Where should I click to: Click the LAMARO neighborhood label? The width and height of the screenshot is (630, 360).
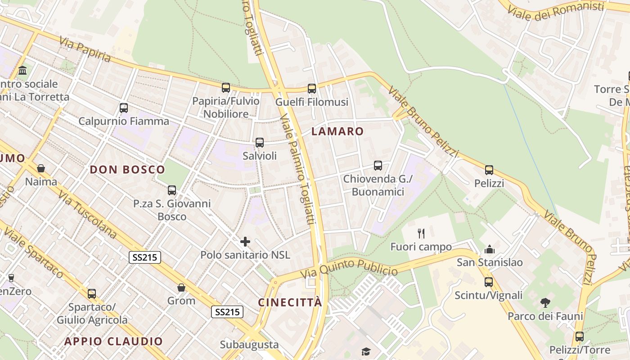point(337,131)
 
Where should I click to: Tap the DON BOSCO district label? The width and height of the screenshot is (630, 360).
point(127,170)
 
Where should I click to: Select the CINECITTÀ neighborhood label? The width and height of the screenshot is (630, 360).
point(290,302)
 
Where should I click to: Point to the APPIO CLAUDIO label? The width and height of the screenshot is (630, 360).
point(113,341)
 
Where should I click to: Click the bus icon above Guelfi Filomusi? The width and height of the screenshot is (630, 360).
point(312,89)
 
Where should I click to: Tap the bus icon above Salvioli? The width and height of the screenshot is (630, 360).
point(260,143)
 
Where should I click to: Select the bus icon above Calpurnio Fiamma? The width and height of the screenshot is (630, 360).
point(124,108)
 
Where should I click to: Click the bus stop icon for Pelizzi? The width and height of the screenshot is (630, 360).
point(489,170)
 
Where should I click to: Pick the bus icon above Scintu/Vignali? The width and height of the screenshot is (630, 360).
point(489,282)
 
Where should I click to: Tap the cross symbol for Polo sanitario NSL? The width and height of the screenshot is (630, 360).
point(245,242)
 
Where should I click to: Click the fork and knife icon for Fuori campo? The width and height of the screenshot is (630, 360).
point(421,233)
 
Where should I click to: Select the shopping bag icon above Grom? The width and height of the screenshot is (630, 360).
point(181,288)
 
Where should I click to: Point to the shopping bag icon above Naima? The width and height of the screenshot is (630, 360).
point(41,168)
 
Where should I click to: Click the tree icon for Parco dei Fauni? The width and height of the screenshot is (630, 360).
point(545,302)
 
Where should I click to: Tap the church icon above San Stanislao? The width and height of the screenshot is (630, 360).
point(490,249)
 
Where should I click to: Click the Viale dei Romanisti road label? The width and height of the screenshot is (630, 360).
point(555,11)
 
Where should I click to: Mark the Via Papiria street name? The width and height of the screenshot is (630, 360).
point(85,49)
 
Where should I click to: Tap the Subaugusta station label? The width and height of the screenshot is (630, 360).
point(249,345)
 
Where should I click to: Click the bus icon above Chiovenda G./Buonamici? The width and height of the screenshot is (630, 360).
point(378,166)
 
